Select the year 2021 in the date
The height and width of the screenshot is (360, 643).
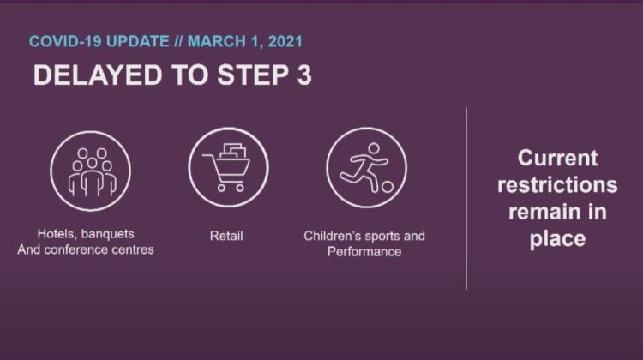pyautogui.click(x=285, y=41)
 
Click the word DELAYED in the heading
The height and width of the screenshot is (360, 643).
pyautogui.click(x=98, y=75)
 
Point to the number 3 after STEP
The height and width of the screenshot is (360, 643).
pyautogui.click(x=304, y=75)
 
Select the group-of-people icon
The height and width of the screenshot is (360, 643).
pyautogui.click(x=91, y=171)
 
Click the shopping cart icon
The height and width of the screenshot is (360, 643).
pyautogui.click(x=228, y=167)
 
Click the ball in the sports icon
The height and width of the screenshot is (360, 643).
pyautogui.click(x=388, y=187)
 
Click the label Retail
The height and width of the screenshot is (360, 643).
pyautogui.click(x=226, y=236)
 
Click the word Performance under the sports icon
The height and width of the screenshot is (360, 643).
pyautogui.click(x=364, y=251)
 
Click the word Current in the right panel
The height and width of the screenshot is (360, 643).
pyautogui.click(x=558, y=159)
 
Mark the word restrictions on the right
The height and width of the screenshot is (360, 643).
pyautogui.click(x=557, y=185)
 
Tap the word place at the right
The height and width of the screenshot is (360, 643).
pyautogui.click(x=557, y=239)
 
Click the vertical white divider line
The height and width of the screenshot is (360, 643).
pyautogui.click(x=466, y=199)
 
